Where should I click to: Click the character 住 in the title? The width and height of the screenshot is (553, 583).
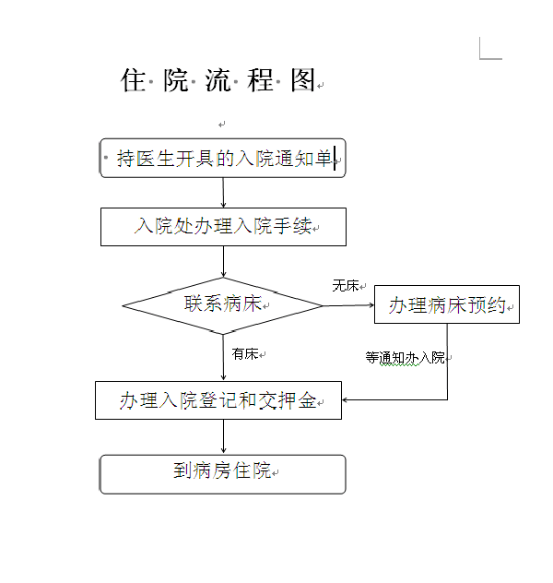pyautogui.click(x=133, y=80)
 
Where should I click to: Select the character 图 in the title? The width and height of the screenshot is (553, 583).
pyautogui.click(x=302, y=80)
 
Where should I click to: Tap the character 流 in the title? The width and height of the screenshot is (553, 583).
pyautogui.click(x=218, y=80)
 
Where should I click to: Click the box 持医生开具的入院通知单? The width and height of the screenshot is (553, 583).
pyautogui.click(x=223, y=158)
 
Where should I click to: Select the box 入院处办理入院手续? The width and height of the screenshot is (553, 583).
pyautogui.click(x=223, y=227)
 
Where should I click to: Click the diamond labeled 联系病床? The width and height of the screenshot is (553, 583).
pyautogui.click(x=223, y=305)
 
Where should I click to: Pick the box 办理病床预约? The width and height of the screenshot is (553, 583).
pyautogui.click(x=447, y=304)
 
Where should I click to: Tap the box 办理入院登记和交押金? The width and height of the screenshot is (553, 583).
pyautogui.click(x=218, y=400)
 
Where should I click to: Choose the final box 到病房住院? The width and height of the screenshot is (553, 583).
pyautogui.click(x=223, y=474)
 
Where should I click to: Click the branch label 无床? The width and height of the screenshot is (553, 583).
pyautogui.click(x=346, y=286)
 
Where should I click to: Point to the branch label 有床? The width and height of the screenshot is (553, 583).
pyautogui.click(x=245, y=354)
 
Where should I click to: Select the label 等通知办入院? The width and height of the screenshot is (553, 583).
pyautogui.click(x=405, y=358)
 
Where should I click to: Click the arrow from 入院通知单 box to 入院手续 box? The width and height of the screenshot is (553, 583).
pyautogui.click(x=223, y=193)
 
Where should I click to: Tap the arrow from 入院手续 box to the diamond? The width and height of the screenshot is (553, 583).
pyautogui.click(x=223, y=262)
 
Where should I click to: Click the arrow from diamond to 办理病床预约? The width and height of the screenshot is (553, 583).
pyautogui.click(x=348, y=305)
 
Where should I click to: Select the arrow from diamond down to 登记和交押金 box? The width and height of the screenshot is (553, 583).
pyautogui.click(x=223, y=358)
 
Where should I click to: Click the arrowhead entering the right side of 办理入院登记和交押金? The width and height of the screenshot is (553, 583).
pyautogui.click(x=345, y=400)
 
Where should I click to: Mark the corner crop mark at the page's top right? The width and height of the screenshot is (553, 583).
pyautogui.click(x=480, y=58)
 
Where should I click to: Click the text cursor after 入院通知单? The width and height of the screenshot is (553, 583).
pyautogui.click(x=335, y=158)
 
